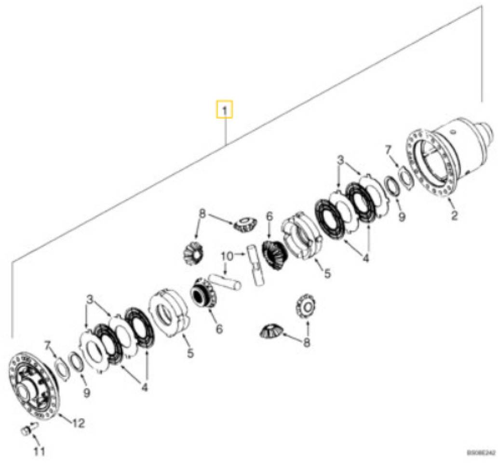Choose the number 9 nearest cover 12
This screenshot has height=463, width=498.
point(87,394)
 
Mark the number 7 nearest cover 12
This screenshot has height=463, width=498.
point(47,344)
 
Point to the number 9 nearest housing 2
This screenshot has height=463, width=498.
point(402,218)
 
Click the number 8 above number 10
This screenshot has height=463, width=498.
point(203,212)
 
